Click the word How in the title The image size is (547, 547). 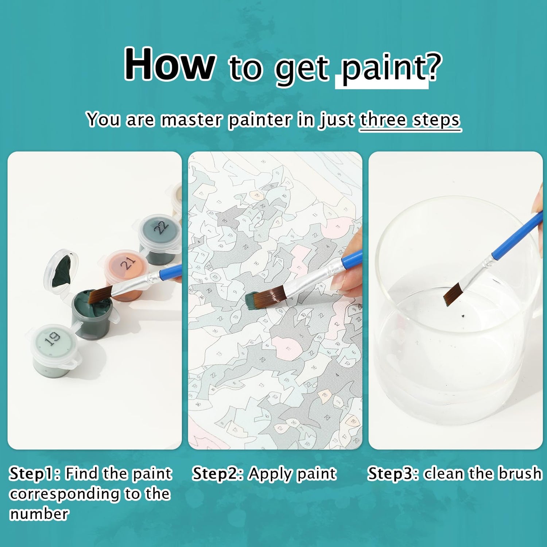pyautogui.click(x=170, y=64)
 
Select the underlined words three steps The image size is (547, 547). pyautogui.click(x=410, y=120)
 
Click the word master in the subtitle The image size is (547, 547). pyautogui.click(x=191, y=120)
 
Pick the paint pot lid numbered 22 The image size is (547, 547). pyautogui.click(x=160, y=227)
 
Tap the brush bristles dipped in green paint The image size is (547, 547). pyautogui.click(x=100, y=295)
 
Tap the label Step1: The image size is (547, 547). pyautogui.click(x=35, y=474)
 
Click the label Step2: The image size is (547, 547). pyautogui.click(x=218, y=474)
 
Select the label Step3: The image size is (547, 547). pyautogui.click(x=393, y=474)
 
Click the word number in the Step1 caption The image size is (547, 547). pyautogui.click(x=39, y=514)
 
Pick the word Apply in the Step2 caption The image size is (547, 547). pyautogui.click(x=270, y=474)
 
